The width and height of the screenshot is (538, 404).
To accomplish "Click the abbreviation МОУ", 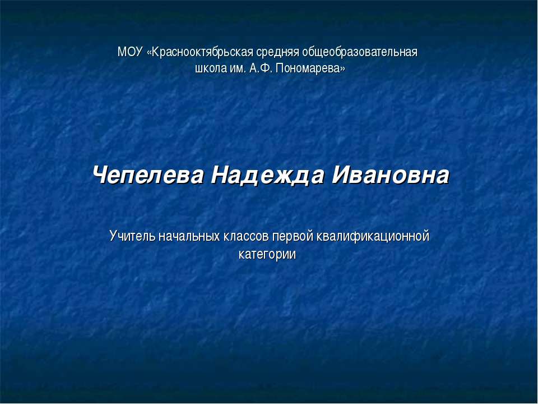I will point(130,53).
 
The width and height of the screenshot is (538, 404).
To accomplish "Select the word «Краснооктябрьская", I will point(200,53).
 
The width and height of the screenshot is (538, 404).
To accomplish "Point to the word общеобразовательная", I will point(360,53).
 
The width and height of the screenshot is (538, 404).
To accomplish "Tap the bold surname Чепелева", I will point(148,176).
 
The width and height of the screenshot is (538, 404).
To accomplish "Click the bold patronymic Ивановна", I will point(391,176).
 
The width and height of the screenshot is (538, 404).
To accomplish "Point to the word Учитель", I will point(131,236).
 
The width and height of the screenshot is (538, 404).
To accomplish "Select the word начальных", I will point(187,236).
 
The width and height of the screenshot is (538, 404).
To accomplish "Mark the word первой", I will point(293,236).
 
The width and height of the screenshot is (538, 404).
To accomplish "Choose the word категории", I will point(267,254).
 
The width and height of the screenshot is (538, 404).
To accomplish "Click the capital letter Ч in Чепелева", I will point(101,176).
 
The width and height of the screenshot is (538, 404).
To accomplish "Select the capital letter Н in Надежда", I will point(221,176).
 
